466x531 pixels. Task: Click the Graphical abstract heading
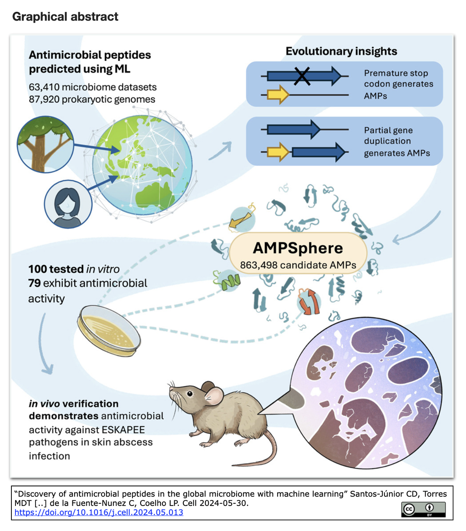click(65, 16)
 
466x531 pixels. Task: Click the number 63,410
click(44, 87)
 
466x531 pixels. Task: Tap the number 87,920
click(44, 100)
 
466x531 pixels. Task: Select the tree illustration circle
click(46, 145)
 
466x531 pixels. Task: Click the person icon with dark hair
click(68, 204)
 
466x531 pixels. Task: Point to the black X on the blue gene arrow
click(302, 76)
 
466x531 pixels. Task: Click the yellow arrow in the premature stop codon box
click(278, 95)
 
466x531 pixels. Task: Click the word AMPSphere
click(298, 248)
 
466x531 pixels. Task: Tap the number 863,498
click(258, 265)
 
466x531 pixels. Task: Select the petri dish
click(109, 330)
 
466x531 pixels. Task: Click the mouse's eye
click(190, 394)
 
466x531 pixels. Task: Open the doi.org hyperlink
click(99, 512)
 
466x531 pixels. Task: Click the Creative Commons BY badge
click(423, 509)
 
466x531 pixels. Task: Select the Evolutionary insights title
click(341, 51)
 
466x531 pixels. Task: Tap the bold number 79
click(34, 283)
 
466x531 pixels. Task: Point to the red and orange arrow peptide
click(309, 301)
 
